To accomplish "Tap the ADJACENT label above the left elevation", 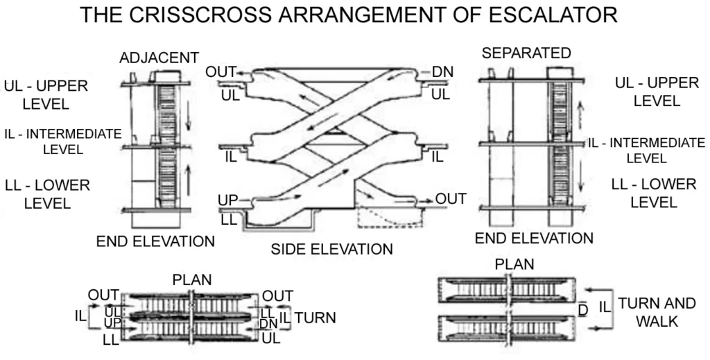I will coord(159,57).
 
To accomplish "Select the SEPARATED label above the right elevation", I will coord(526,53).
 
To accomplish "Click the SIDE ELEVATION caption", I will coord(331,248).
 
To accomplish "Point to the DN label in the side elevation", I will coord(442,72).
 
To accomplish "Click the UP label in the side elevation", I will coord(228,200).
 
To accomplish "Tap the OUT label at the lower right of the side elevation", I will coord(451,199).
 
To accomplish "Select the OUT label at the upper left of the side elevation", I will coord(221,72).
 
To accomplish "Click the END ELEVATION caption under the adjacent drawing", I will coord(155,241).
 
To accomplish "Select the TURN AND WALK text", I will coord(646,312).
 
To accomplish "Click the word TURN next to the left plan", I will coord(315,318).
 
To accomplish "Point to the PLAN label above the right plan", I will coord(514,265).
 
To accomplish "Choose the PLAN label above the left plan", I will coord(192,281).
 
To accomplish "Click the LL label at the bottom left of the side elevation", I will coord(230,221).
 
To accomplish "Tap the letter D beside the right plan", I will coord(582,307).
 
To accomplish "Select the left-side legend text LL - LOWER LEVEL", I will coord(48,194).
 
